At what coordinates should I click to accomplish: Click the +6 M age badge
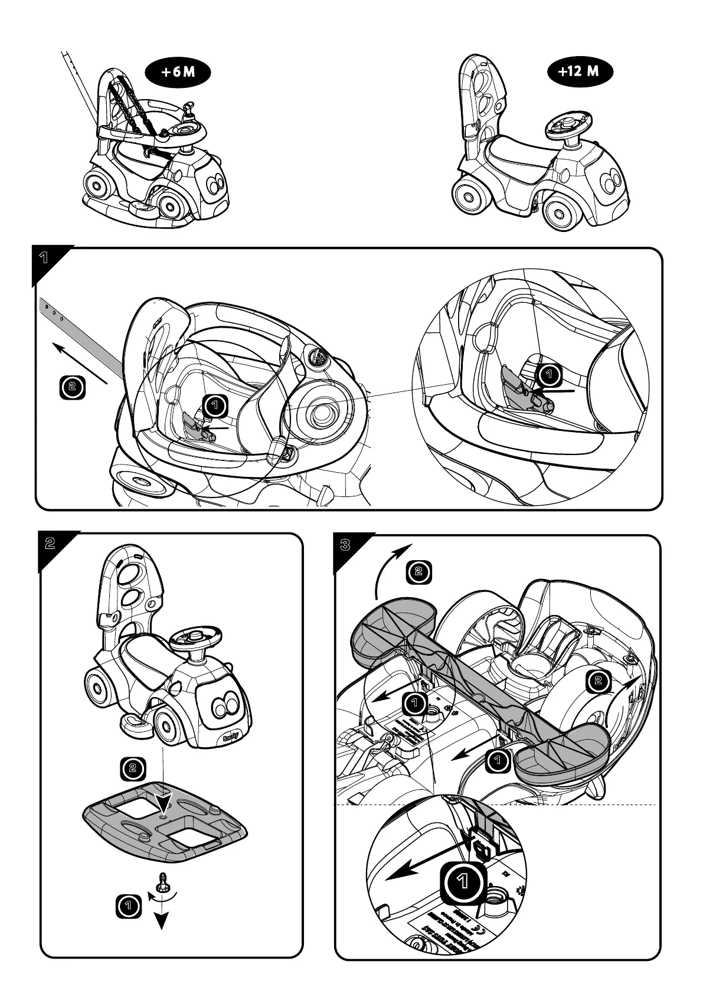pyautogui.click(x=178, y=72)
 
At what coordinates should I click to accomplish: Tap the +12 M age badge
pyautogui.click(x=578, y=71)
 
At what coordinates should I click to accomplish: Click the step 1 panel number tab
pyautogui.click(x=44, y=258)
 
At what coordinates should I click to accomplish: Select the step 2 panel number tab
pyautogui.click(x=50, y=543)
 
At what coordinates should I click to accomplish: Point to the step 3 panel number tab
pyautogui.click(x=345, y=545)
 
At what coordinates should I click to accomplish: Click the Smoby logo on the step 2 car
pyautogui.click(x=231, y=738)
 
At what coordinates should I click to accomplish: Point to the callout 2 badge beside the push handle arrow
pyautogui.click(x=73, y=387)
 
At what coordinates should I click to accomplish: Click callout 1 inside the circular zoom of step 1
pyautogui.click(x=550, y=374)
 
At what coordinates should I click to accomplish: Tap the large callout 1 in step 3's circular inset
pyautogui.click(x=464, y=882)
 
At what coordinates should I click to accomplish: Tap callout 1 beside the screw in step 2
pyautogui.click(x=128, y=906)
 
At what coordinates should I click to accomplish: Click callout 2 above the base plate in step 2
pyautogui.click(x=132, y=768)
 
